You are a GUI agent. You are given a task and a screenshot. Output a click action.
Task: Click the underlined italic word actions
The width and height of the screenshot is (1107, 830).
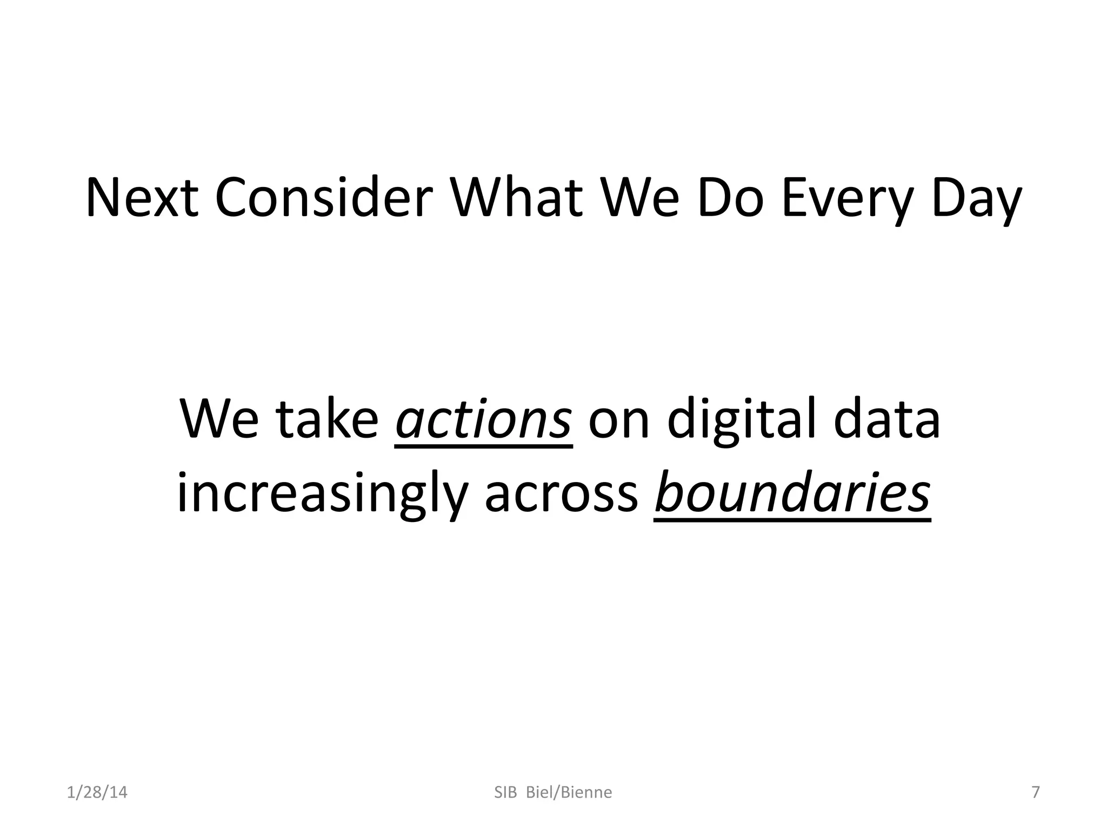pyautogui.click(x=483, y=420)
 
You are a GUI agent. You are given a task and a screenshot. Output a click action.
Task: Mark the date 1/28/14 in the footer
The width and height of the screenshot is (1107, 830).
pyautogui.click(x=97, y=793)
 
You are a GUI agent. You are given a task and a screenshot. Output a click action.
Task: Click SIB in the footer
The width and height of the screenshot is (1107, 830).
pyautogui.click(x=506, y=793)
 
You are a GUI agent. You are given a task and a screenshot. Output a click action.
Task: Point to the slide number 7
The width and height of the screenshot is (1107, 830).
pyautogui.click(x=1036, y=792)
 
